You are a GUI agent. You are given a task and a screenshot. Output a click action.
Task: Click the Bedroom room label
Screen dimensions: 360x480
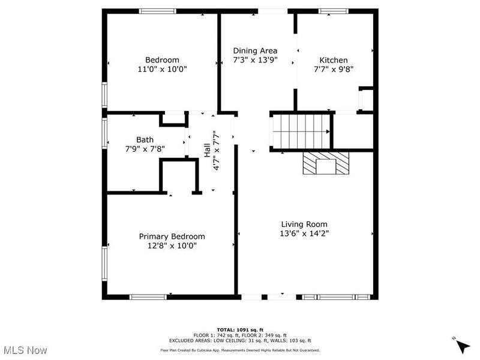click(x=162, y=59)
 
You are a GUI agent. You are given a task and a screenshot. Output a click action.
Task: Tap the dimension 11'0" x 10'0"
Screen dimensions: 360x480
click(x=162, y=69)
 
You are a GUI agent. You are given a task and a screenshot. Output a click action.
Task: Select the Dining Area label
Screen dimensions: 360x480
click(x=255, y=50)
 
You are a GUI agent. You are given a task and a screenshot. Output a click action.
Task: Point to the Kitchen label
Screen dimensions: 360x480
click(x=333, y=59)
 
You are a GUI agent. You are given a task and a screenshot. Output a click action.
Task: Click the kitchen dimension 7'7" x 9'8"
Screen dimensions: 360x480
click(x=333, y=69)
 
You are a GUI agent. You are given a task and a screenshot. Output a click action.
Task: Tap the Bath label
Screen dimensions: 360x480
click(x=145, y=139)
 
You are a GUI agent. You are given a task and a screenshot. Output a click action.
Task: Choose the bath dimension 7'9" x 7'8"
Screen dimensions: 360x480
click(x=145, y=148)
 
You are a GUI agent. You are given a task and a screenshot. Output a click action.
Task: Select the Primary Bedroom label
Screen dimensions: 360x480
click(x=172, y=236)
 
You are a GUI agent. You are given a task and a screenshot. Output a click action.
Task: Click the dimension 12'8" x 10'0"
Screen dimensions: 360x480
click(x=172, y=245)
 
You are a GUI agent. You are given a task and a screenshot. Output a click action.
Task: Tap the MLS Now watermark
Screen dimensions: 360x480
click(x=25, y=349)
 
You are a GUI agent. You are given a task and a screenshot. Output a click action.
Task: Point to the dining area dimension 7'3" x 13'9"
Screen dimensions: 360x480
click(x=255, y=60)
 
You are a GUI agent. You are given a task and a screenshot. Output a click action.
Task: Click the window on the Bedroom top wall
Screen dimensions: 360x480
click(x=158, y=11)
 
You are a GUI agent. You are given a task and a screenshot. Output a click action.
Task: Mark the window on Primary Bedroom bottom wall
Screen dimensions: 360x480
click(x=148, y=296)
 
